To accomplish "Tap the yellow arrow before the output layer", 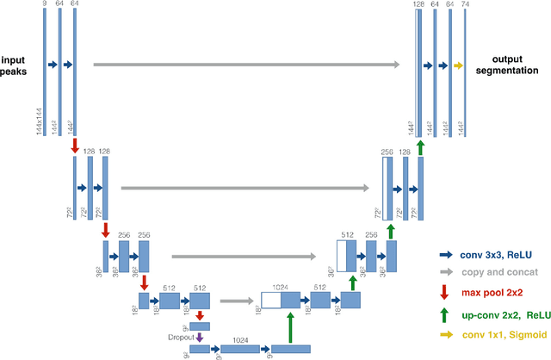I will (457, 65).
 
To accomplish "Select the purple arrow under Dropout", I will (199, 338).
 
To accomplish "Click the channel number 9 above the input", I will (44, 5).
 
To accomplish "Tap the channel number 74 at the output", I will (466, 5).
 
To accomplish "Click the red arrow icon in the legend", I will (446, 290).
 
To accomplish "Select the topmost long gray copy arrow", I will (246, 65).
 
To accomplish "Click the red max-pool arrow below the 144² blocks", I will (76, 146).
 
